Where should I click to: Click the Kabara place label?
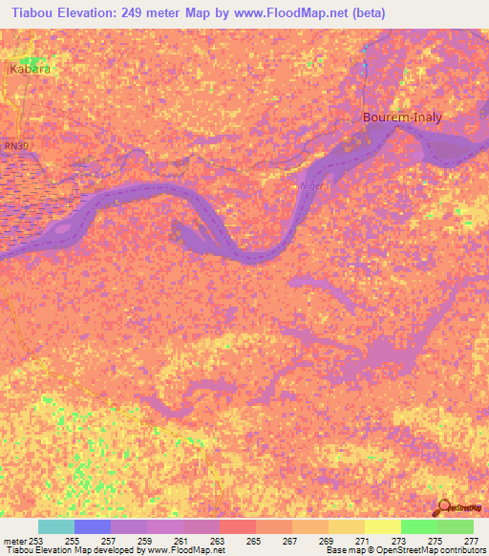pyautogui.click(x=29, y=70)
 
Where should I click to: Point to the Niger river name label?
pyautogui.click(x=311, y=186)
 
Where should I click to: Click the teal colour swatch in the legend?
pyautogui.click(x=56, y=526)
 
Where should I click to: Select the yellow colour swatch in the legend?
pyautogui.click(x=382, y=526)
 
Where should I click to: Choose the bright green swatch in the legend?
pyautogui.click(x=418, y=526)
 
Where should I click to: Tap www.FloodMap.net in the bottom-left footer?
pyautogui.click(x=186, y=550)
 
